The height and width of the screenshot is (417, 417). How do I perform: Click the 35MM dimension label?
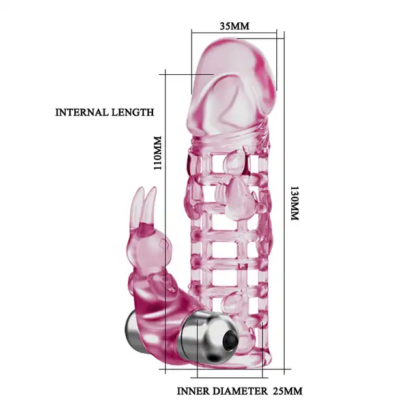pyautogui.click(x=235, y=26)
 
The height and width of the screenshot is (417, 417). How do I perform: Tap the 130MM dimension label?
pyautogui.click(x=295, y=203)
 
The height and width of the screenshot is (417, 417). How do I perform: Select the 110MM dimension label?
pyautogui.click(x=158, y=153)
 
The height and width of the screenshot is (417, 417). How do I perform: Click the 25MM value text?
pyautogui.click(x=287, y=391)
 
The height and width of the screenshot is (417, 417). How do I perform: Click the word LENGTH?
pyautogui.click(x=132, y=112)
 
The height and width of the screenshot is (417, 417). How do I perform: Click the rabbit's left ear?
pyautogui.click(x=137, y=205)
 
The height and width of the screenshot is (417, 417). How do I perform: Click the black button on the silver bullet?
pyautogui.click(x=229, y=340)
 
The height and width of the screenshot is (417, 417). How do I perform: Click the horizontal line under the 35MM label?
pyautogui.click(x=234, y=33)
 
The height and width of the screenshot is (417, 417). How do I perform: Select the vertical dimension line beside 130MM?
pyautogui.click(x=284, y=203)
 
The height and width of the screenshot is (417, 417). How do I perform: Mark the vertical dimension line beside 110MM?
pyautogui.click(x=165, y=222)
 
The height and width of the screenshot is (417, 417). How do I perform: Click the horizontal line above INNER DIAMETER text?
pyautogui.click(x=229, y=377)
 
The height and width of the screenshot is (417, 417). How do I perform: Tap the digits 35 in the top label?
pyautogui.click(x=225, y=26)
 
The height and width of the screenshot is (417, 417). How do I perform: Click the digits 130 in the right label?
pyautogui.click(x=295, y=194)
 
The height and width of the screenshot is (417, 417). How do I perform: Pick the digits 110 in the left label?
pyautogui.click(x=158, y=162)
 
